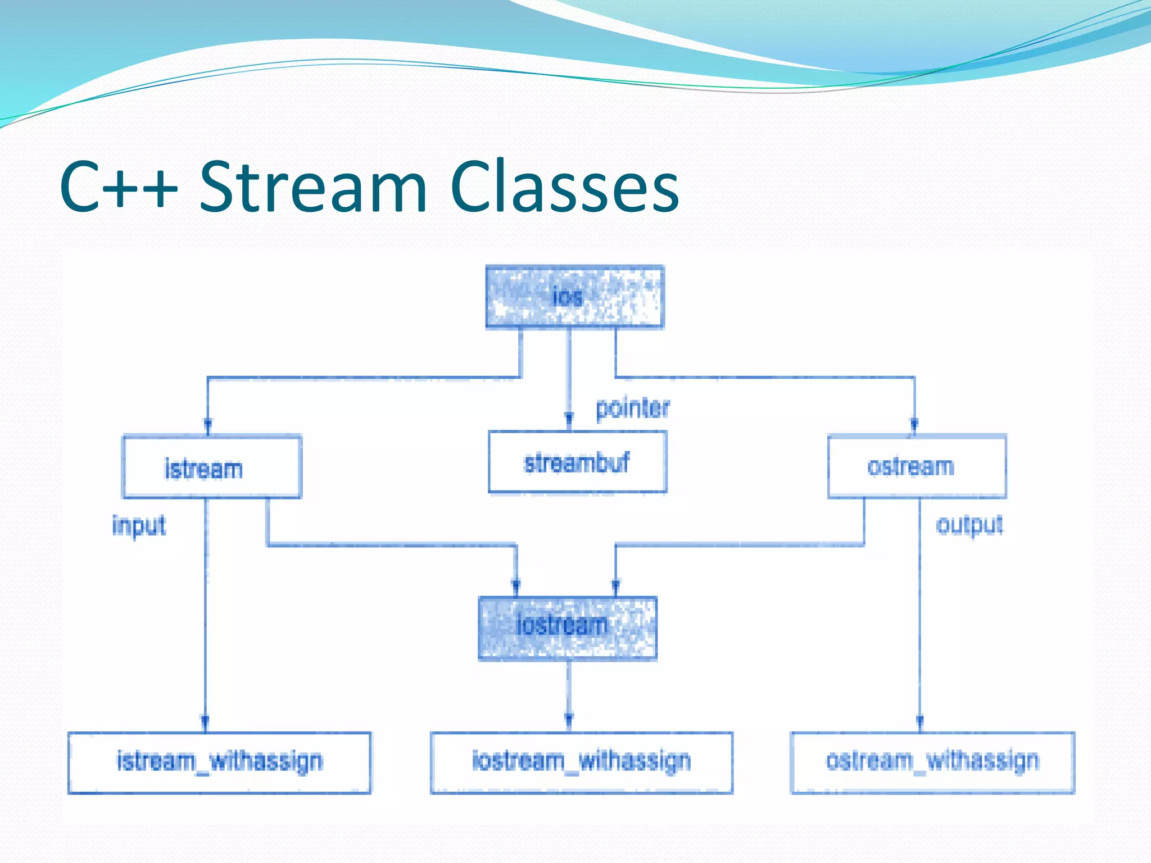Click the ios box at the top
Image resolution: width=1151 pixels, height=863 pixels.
(x=574, y=297)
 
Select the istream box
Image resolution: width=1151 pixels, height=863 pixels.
(x=211, y=467)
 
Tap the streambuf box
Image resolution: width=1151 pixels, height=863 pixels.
(x=577, y=462)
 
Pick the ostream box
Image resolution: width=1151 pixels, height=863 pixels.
(x=917, y=466)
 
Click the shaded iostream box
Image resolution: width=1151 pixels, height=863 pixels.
(x=567, y=627)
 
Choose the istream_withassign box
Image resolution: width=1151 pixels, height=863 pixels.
(x=219, y=762)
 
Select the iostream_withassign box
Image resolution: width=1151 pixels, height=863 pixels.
(x=581, y=762)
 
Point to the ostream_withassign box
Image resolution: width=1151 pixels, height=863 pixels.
(x=932, y=762)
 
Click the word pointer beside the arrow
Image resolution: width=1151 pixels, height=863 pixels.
(x=632, y=408)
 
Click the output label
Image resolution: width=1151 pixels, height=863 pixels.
(x=969, y=526)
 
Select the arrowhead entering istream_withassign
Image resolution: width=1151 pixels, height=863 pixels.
(x=205, y=722)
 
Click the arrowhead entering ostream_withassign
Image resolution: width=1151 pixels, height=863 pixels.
(x=919, y=722)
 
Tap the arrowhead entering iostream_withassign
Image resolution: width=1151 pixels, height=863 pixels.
(x=569, y=720)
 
